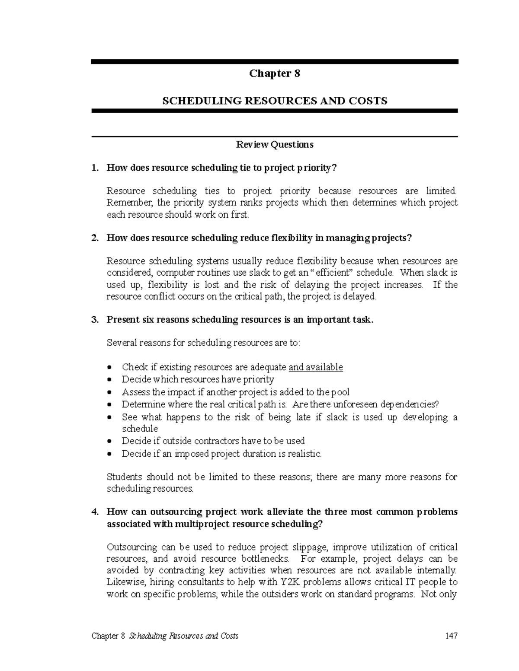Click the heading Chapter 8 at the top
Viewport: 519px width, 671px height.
click(274, 73)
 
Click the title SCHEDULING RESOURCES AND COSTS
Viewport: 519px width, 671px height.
click(274, 101)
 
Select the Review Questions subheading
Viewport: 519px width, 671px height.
click(274, 144)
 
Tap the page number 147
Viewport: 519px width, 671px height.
click(451, 636)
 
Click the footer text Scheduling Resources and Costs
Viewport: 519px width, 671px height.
click(183, 636)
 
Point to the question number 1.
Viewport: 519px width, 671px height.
click(94, 168)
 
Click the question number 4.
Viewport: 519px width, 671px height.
click(94, 512)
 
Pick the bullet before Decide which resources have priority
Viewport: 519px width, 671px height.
click(111, 380)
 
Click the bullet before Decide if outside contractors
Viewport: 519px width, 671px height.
click(111, 441)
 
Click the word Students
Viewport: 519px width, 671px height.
click(124, 477)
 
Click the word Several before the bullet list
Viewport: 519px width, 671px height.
click(122, 343)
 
